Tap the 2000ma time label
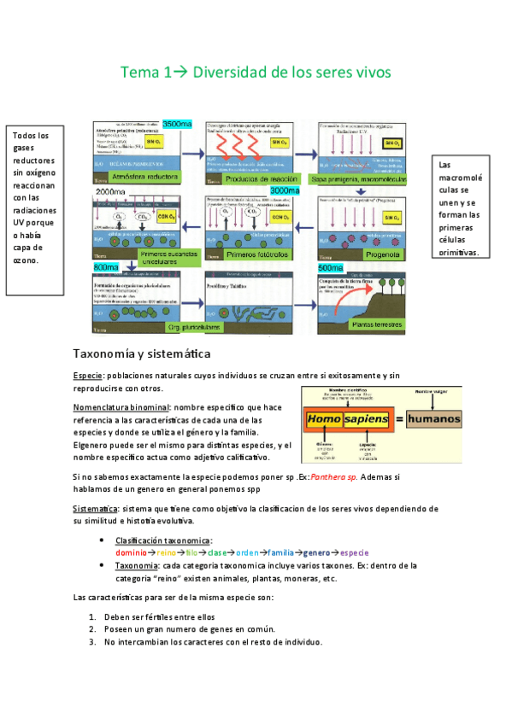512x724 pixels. (111, 193)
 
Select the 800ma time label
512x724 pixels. (106, 267)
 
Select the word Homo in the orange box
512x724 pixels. (323, 419)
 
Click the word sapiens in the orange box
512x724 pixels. (368, 419)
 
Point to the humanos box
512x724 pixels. (433, 419)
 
